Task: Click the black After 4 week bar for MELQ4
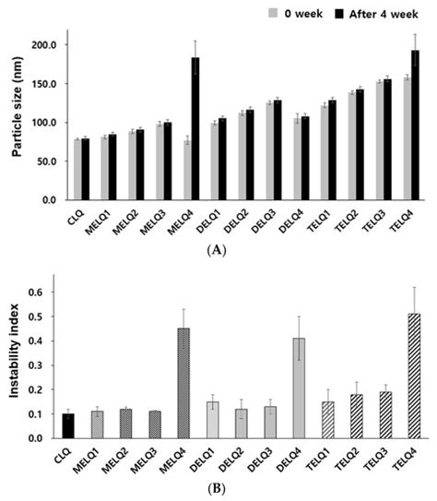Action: [x=195, y=129]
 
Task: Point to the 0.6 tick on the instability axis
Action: [x=50, y=292]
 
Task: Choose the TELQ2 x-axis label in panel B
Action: [x=352, y=458]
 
